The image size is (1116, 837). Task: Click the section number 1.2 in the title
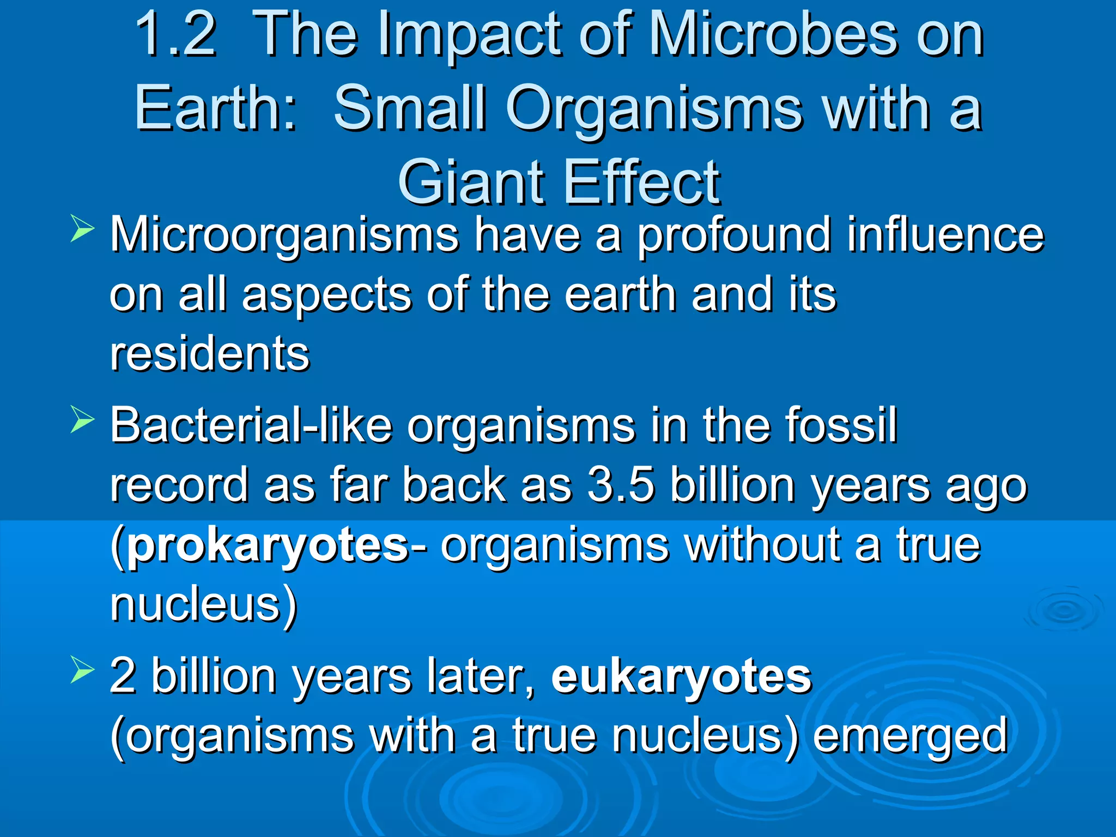pos(176,35)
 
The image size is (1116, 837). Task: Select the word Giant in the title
pos(471,183)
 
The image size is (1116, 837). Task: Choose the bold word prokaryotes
pos(267,546)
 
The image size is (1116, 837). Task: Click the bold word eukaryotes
pos(681,677)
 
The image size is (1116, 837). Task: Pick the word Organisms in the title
pos(654,109)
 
